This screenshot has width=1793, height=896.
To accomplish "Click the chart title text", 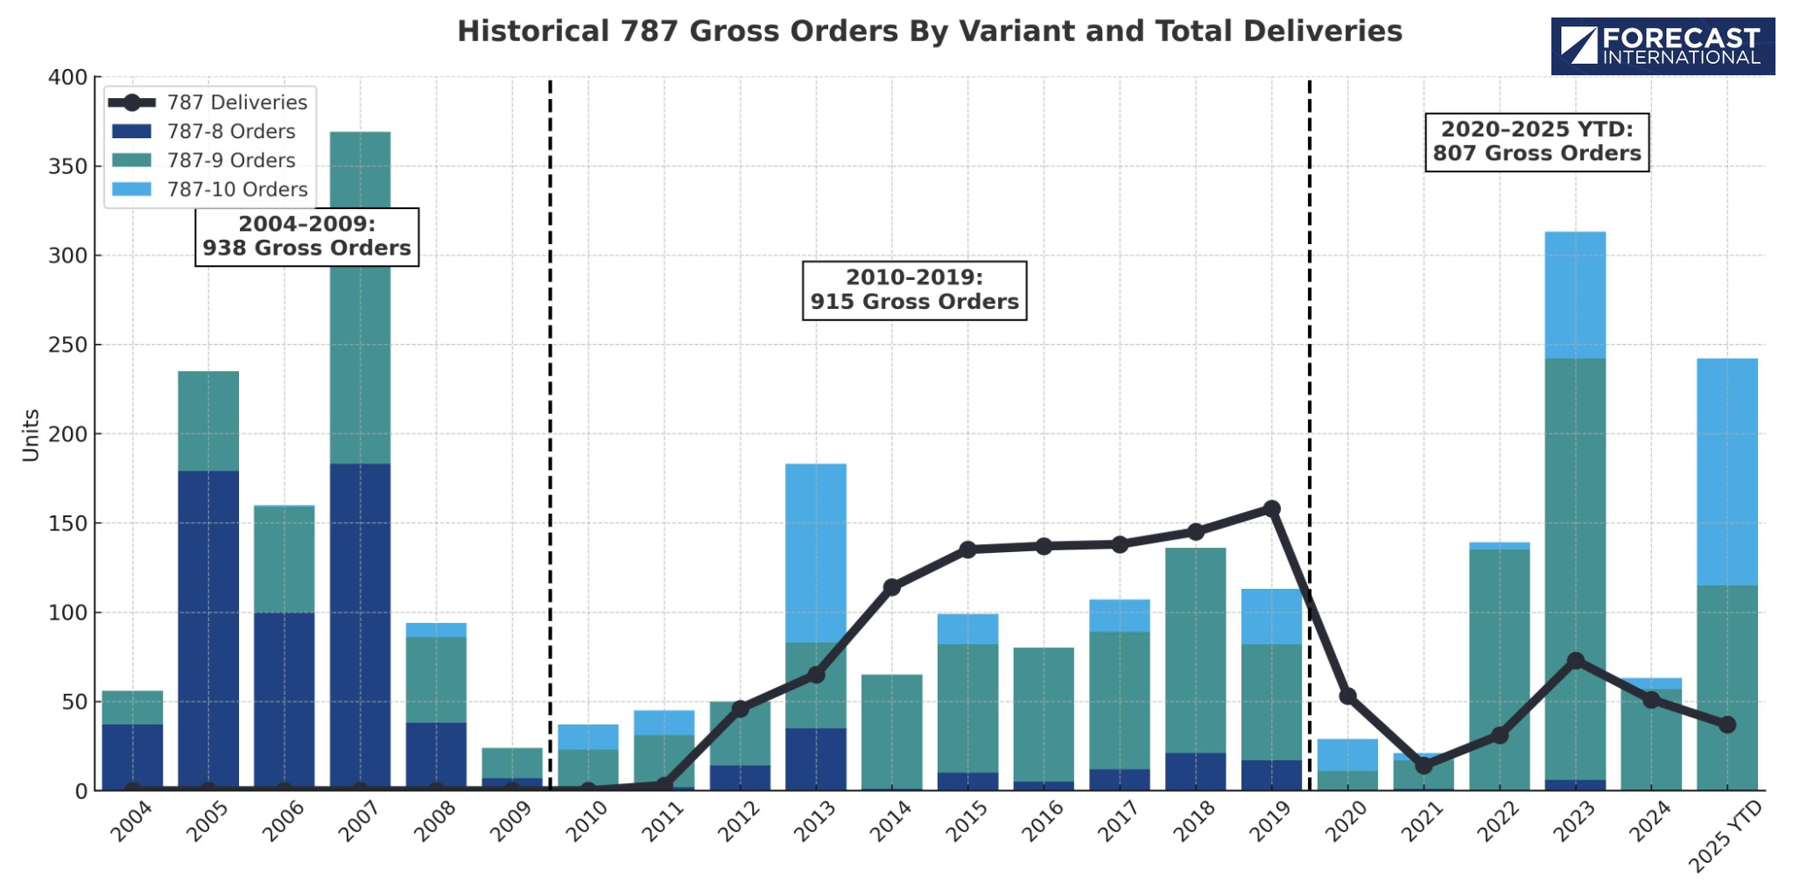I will click(929, 31).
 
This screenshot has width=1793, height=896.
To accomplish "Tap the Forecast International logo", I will click(1662, 46).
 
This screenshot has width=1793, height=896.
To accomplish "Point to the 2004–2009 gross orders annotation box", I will click(306, 236).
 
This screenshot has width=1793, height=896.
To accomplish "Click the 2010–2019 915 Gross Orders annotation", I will click(914, 290).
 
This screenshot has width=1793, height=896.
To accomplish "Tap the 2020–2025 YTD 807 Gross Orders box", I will click(1536, 142).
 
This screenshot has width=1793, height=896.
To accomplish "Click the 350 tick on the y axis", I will click(68, 166).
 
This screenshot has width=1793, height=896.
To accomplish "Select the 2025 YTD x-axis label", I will click(1724, 836).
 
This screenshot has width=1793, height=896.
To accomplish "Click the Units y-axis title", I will click(32, 435).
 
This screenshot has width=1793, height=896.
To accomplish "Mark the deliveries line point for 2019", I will click(1271, 508).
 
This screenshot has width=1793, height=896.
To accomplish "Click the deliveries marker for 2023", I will click(1575, 661).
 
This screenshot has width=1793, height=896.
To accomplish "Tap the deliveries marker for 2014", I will click(891, 586).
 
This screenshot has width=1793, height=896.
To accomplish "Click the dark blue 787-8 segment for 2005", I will click(208, 630).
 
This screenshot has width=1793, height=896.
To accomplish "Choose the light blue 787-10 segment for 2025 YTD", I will click(1726, 472).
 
